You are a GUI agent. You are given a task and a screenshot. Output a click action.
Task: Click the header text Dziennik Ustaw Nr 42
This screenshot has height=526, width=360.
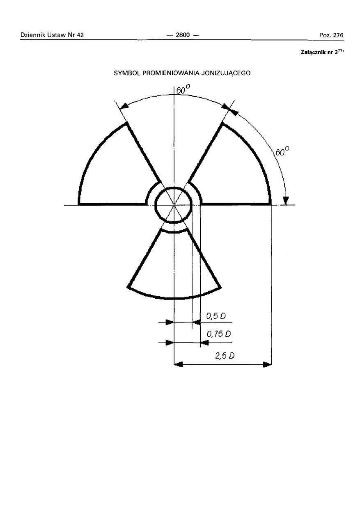click(x=52, y=35)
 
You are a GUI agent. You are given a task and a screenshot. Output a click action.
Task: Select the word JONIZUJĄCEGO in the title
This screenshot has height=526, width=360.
click(x=225, y=73)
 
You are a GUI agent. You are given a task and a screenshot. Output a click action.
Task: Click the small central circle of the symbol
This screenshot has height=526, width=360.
click(x=174, y=204)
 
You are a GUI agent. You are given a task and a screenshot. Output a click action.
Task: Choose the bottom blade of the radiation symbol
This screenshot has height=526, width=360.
click(x=174, y=267)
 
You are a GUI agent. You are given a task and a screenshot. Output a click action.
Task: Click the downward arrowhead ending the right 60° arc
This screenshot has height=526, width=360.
click(x=286, y=200)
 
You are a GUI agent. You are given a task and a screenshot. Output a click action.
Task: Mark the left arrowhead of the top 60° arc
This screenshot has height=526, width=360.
click(x=124, y=106)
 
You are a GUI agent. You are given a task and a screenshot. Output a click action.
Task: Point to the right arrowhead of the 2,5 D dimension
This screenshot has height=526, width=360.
click(x=267, y=364)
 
